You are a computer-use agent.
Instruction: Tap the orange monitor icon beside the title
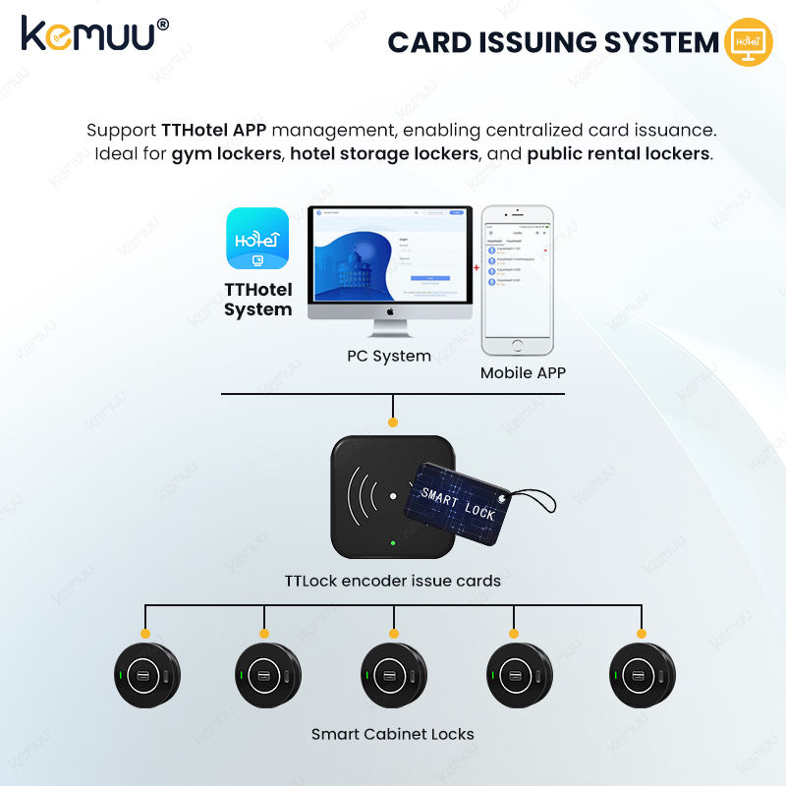coord(748,42)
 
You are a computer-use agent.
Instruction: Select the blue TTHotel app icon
coord(256,240)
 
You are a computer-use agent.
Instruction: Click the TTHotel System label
coord(257,300)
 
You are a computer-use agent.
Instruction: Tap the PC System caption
coord(389,356)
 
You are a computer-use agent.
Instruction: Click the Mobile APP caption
coord(524,373)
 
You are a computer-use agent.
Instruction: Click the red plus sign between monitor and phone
coord(477,266)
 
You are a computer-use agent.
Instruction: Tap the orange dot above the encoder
coord(393,421)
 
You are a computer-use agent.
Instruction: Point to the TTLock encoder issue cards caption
coord(393,581)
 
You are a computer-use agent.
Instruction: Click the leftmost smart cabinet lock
coord(144,675)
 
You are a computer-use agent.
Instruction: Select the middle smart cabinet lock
coord(393,675)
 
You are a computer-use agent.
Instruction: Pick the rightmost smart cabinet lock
coord(642,675)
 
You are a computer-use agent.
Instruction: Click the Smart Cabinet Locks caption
coord(393,734)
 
